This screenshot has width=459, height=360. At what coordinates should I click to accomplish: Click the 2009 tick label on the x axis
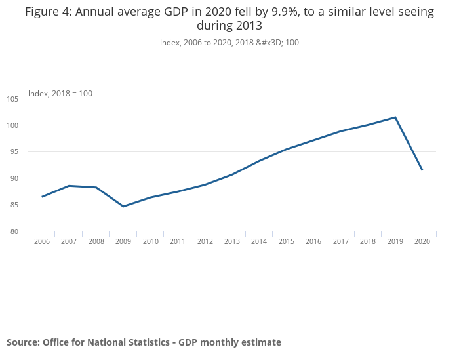[123, 241]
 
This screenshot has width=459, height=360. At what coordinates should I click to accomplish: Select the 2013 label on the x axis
[231, 241]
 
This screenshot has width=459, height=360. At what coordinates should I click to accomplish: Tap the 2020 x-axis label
[422, 241]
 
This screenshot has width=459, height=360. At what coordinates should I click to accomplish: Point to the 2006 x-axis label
[42, 241]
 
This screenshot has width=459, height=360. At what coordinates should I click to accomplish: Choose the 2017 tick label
[340, 241]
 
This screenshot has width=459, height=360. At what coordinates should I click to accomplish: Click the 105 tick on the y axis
[13, 99]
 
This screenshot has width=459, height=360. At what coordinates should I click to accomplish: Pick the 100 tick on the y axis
[13, 125]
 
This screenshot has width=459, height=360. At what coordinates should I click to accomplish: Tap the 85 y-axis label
[14, 205]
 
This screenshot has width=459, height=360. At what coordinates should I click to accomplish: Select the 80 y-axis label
[14, 231]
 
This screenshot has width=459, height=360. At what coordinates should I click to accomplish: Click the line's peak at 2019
[395, 117]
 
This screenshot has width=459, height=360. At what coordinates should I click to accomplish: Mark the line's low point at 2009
[123, 207]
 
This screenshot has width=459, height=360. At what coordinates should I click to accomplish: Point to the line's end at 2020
[422, 170]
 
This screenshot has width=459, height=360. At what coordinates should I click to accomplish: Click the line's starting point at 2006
[42, 197]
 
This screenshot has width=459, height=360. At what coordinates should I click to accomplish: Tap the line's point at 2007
[69, 186]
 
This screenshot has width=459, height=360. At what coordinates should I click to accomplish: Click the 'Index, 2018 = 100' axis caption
[60, 94]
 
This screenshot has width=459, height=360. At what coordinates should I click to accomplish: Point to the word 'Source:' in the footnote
[23, 342]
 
